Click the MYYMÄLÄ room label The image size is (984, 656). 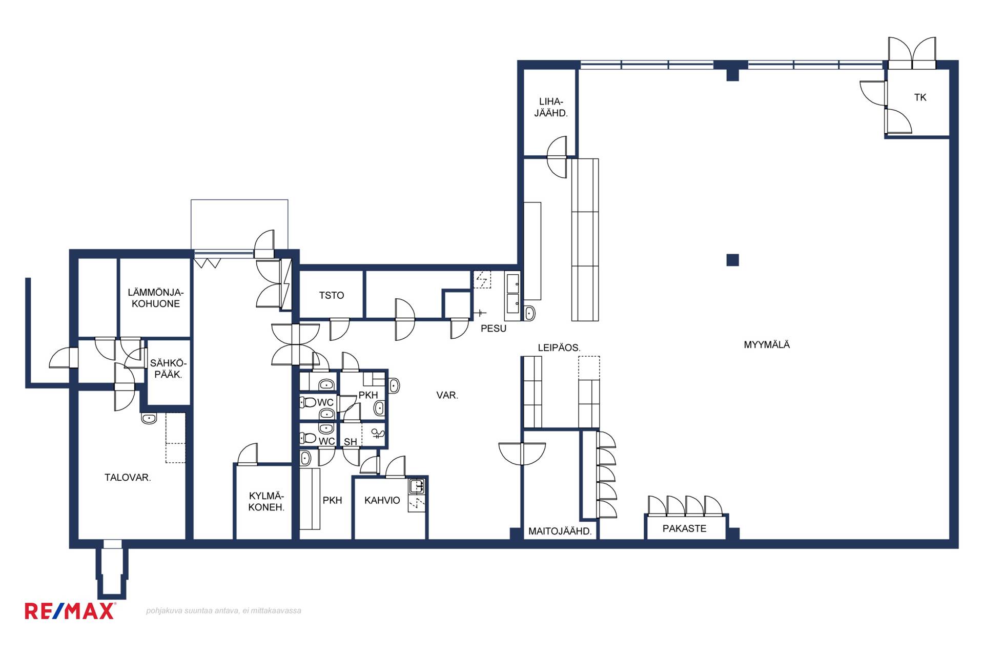click(767, 345)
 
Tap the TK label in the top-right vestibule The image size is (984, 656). click(920, 97)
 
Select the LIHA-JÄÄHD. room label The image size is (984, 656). click(551, 108)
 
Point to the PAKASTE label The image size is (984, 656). click(684, 528)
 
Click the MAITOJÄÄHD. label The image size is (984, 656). click(560, 531)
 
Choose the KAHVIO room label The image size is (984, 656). click(382, 500)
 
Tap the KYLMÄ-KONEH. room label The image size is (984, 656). click(266, 502)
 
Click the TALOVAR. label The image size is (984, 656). click(128, 478)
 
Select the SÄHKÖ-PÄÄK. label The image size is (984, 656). click(168, 369)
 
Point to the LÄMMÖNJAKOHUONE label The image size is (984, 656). click(156, 298)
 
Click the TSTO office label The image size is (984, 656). click(332, 295)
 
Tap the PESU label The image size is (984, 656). click(494, 329)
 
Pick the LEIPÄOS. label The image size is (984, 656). click(559, 347)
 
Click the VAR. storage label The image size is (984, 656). click(447, 395)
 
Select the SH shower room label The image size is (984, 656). click(350, 442)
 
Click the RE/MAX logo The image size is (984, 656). click(70, 611)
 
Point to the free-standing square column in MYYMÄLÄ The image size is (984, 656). click(733, 260)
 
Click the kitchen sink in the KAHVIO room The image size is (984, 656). click(417, 486)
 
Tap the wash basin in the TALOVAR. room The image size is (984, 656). click(149, 418)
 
